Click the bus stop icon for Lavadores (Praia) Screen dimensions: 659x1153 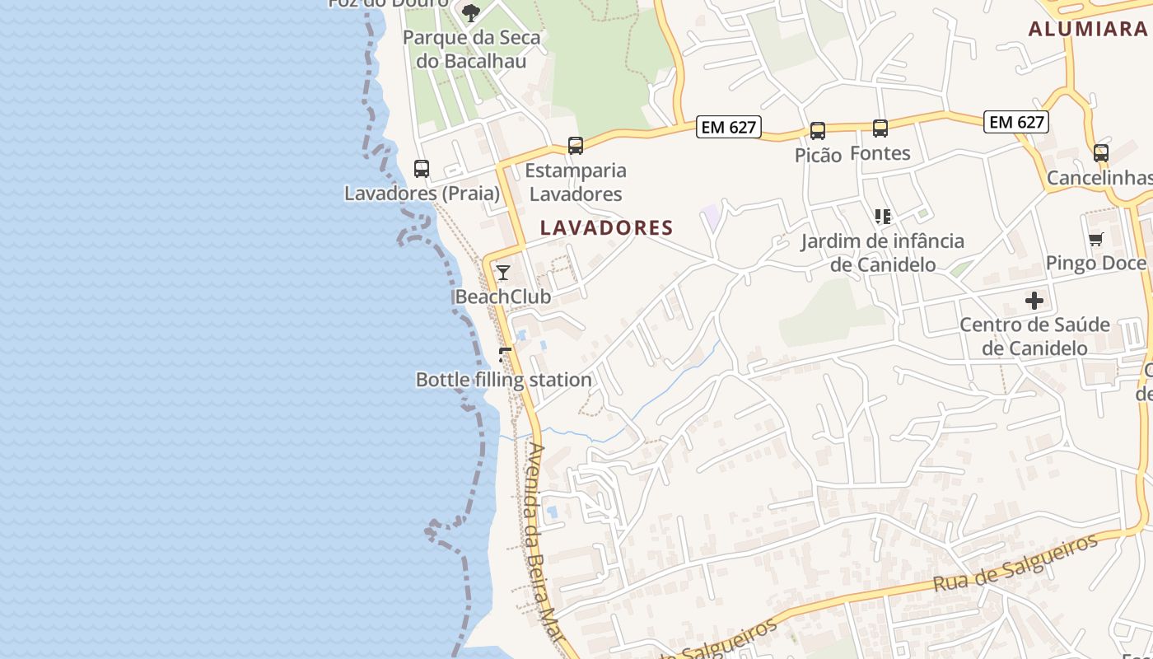(x=422, y=169)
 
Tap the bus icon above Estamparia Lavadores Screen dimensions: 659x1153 (x=576, y=146)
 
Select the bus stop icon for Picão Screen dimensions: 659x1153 (x=818, y=131)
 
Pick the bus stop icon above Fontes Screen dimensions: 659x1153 (x=880, y=129)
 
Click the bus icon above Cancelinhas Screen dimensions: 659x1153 (x=1101, y=153)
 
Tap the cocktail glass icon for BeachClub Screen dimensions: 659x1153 (x=503, y=273)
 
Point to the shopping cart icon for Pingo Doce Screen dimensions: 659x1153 (x=1095, y=240)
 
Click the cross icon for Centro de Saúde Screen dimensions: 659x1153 (x=1034, y=301)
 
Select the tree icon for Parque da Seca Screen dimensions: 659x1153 (x=470, y=12)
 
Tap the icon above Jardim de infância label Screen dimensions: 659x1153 (x=883, y=217)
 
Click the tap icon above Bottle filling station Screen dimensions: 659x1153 (x=505, y=355)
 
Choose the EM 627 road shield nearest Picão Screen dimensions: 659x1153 (x=728, y=127)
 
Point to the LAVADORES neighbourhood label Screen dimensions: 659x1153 (x=607, y=227)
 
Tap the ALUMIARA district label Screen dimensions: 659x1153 (x=1087, y=29)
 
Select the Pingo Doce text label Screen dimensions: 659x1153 (x=1095, y=263)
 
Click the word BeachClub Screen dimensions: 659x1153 (x=503, y=296)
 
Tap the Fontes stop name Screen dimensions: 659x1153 (x=880, y=153)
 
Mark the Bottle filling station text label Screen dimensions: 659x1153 (x=504, y=380)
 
